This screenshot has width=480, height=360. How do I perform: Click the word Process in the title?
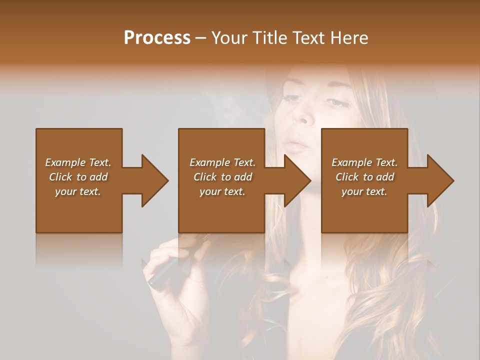click(157, 38)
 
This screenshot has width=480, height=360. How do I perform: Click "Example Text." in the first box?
click(78, 162)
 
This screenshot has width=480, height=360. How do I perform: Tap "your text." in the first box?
click(78, 191)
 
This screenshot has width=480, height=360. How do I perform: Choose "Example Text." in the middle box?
click(222, 162)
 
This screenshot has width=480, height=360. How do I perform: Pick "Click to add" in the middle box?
click(222, 177)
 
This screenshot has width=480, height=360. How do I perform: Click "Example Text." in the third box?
click(364, 162)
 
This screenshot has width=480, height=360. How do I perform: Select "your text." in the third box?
click(364, 191)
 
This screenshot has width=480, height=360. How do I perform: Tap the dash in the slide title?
click(200, 38)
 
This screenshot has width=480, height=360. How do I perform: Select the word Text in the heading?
click(308, 38)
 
